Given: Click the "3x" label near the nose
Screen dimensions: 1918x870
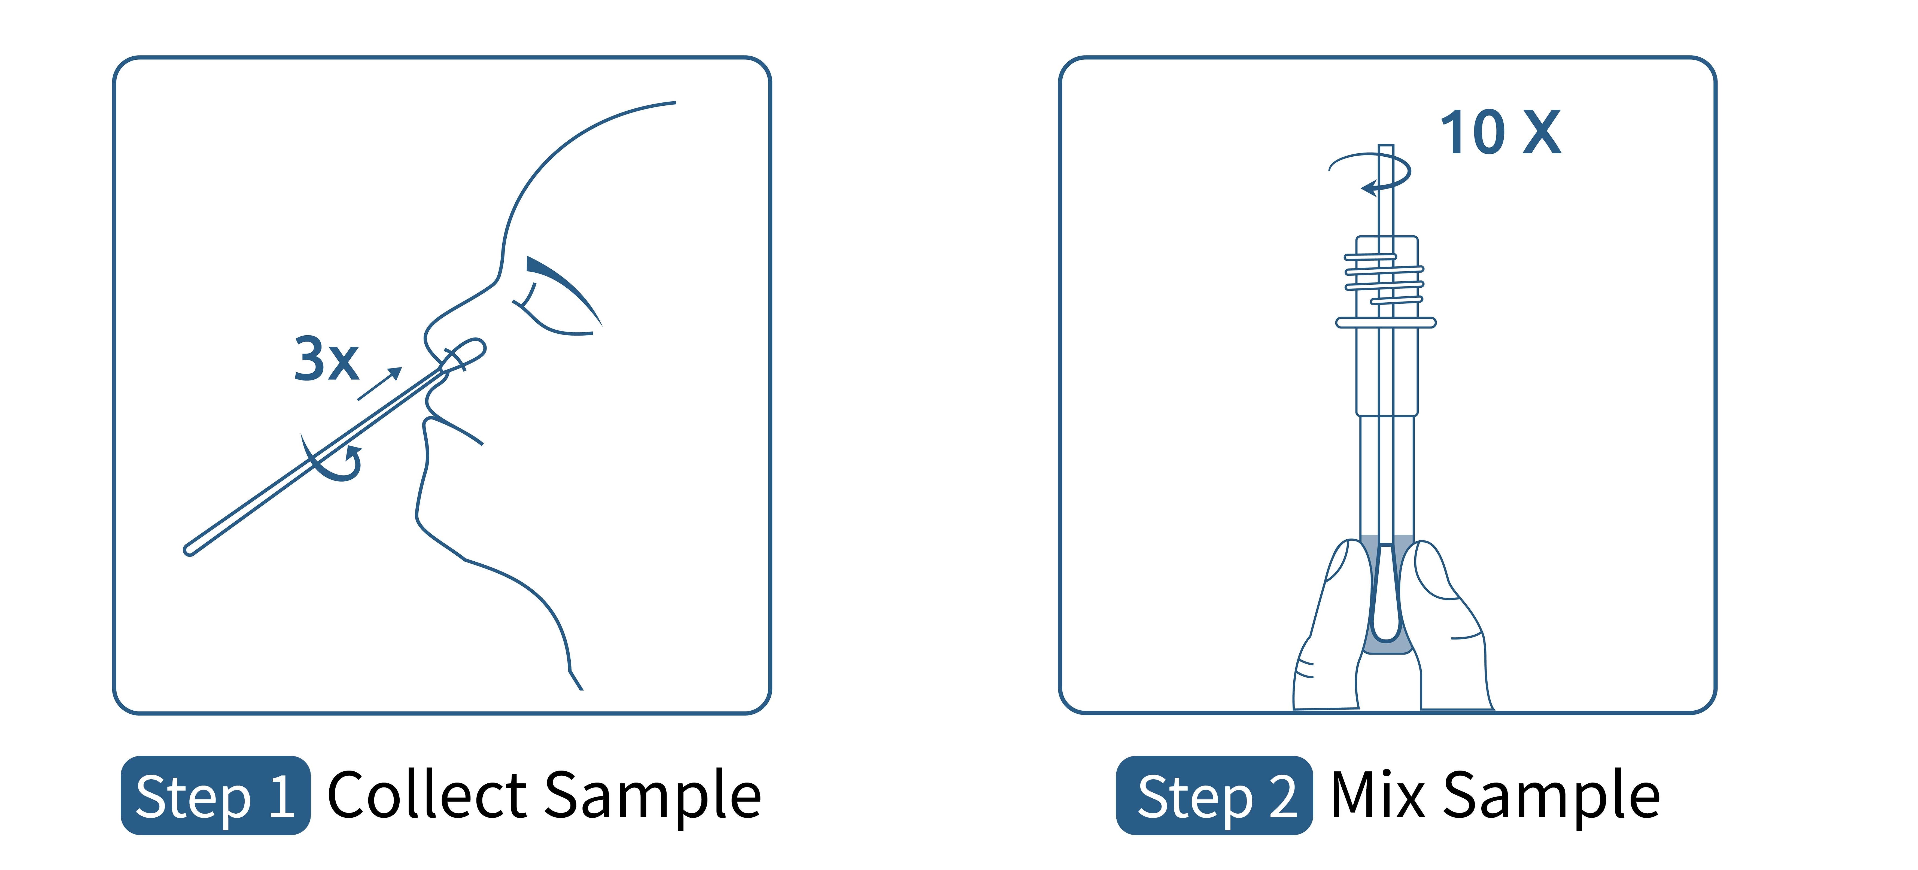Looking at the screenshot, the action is pos(326,359).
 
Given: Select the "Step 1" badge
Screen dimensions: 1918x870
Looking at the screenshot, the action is pos(215,795).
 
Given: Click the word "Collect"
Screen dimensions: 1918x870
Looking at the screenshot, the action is pos(427,795).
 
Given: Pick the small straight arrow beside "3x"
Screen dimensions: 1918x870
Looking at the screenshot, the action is pos(380,383).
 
